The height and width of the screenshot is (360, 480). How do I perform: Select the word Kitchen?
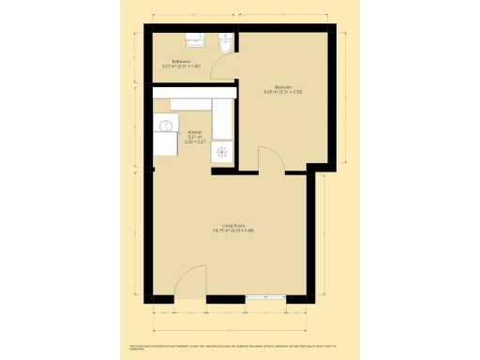click(x=195, y=132)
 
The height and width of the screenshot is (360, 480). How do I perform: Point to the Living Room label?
click(x=233, y=226)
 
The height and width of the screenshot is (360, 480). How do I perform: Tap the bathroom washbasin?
click(x=196, y=38)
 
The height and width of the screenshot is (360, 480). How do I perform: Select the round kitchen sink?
click(x=166, y=125)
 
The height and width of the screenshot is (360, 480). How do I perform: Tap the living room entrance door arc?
click(x=192, y=281)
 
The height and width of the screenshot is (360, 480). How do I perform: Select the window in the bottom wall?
click(x=266, y=299)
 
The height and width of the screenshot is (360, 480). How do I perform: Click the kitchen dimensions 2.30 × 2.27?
click(x=195, y=142)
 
